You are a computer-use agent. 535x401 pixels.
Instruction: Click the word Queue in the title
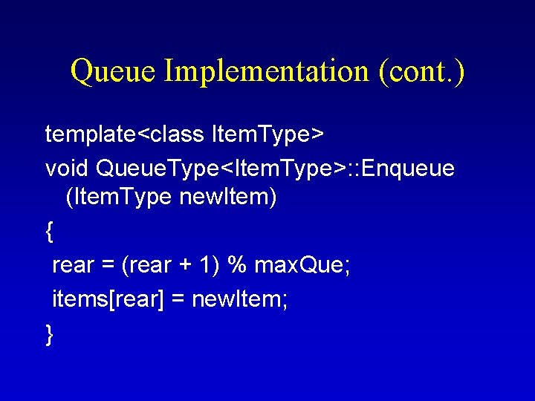114,72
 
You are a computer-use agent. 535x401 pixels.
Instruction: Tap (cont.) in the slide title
421,72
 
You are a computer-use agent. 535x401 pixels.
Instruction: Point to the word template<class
126,134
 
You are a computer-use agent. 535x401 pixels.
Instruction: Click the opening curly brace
49,232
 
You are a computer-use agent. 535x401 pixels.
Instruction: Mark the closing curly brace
49,335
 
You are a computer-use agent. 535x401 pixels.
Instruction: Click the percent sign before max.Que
239,265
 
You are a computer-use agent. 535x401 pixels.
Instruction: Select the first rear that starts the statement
73,265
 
